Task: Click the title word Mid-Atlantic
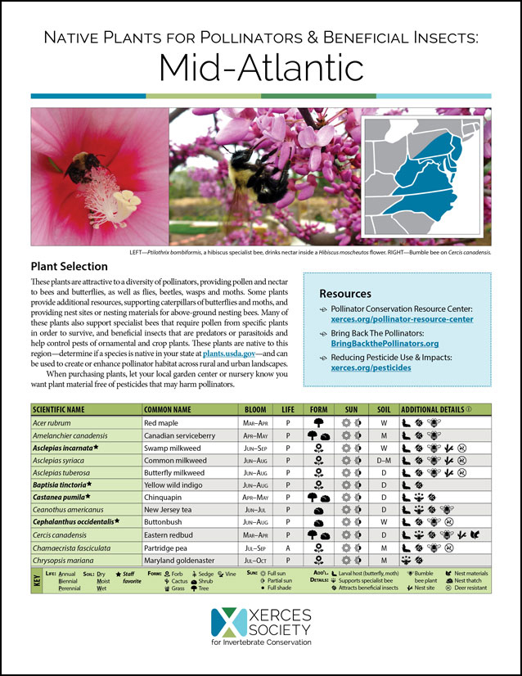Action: coord(260,65)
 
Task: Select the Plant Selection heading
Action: coord(69,266)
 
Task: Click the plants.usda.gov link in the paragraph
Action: coord(231,352)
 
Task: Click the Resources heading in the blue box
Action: coord(347,294)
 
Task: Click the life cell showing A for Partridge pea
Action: coord(288,548)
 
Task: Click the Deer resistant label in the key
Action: coord(471,588)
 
